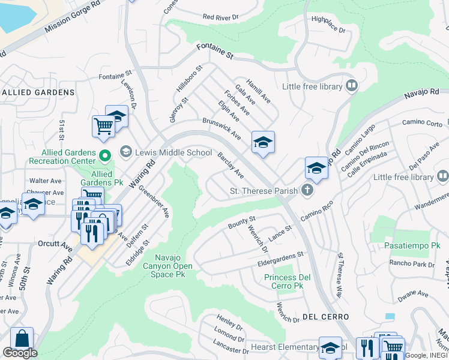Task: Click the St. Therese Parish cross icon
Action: [x=307, y=191]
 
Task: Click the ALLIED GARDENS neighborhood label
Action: [x=37, y=92]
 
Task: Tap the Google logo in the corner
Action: [x=20, y=353]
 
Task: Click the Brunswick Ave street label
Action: [x=221, y=127]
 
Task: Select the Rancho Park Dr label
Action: [x=411, y=264]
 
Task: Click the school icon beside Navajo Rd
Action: [x=316, y=167]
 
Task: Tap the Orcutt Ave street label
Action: [x=58, y=244]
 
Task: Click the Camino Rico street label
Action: [x=318, y=213]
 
